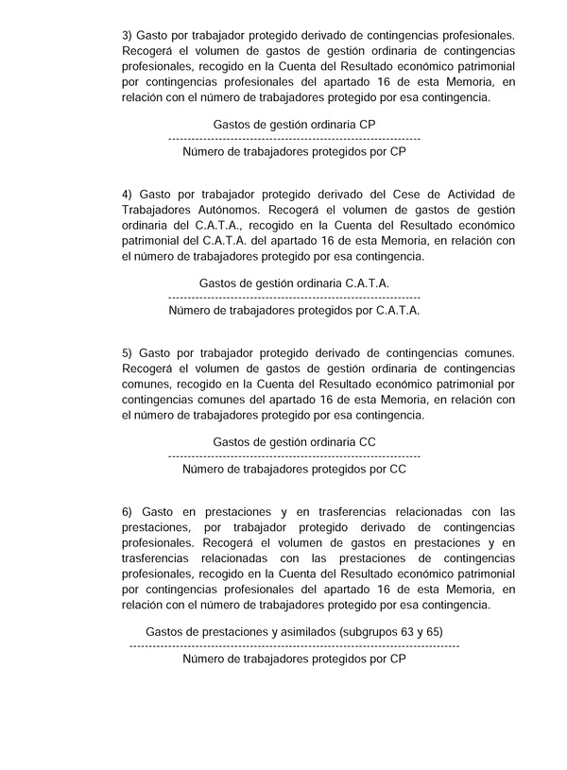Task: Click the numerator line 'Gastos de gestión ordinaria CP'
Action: pos(295,124)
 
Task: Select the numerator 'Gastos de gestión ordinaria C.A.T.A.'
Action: pos(295,282)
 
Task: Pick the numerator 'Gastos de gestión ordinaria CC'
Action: pos(295,441)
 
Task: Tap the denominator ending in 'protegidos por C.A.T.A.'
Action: pos(295,309)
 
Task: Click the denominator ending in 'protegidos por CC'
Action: pos(295,468)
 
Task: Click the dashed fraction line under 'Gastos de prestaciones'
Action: pos(295,644)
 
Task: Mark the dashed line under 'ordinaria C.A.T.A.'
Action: pos(295,297)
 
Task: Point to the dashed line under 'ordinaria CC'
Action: pos(295,455)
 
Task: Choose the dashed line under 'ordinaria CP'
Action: pos(295,138)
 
